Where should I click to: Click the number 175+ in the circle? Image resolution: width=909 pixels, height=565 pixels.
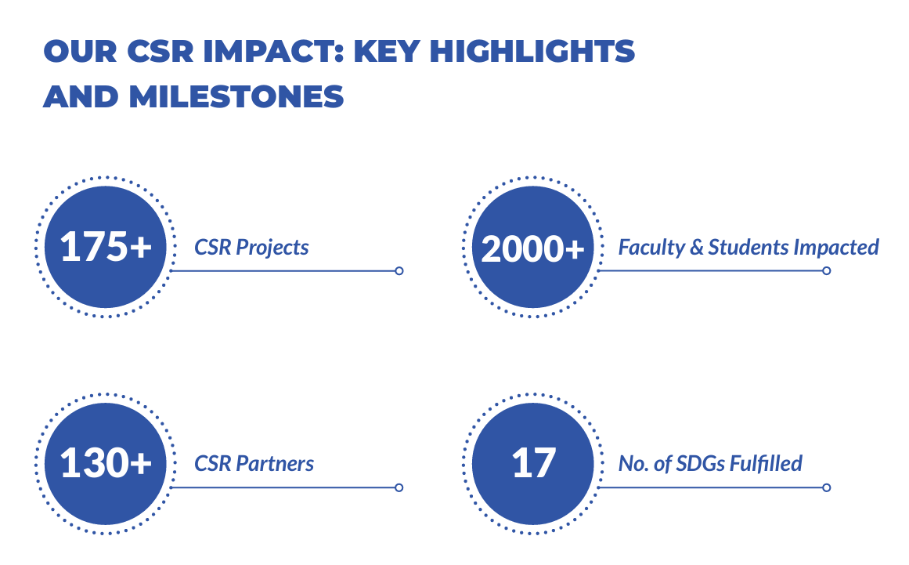[x=106, y=247]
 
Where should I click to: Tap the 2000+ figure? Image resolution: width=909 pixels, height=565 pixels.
[x=532, y=249]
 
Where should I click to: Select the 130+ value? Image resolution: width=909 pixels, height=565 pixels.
[x=106, y=463]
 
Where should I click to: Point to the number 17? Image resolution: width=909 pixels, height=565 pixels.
[x=534, y=463]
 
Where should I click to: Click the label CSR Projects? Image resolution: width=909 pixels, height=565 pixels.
[x=251, y=248]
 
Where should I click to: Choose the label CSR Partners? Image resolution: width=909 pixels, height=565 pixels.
[x=254, y=463]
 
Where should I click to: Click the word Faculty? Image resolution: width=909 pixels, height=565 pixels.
[x=651, y=248]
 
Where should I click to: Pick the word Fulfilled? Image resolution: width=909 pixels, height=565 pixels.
[x=766, y=463]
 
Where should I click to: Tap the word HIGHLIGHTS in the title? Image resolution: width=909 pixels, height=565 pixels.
[x=532, y=51]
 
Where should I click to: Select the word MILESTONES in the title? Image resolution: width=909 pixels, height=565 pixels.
[x=236, y=96]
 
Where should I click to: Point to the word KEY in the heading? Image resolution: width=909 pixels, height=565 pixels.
[x=387, y=51]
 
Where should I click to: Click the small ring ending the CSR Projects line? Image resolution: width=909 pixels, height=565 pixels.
[x=399, y=271]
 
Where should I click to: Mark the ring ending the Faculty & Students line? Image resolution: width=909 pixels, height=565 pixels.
[x=827, y=271]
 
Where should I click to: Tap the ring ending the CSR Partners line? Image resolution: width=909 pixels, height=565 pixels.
[x=399, y=488]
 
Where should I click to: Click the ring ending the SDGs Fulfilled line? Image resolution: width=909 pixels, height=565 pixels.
[x=827, y=488]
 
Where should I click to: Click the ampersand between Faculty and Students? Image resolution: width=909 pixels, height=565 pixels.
[x=696, y=248]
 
